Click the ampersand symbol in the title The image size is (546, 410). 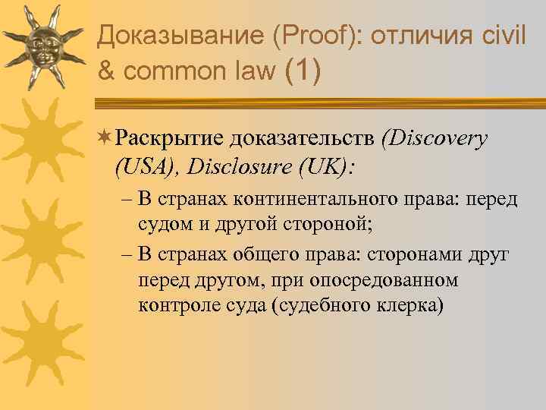pyautogui.click(x=108, y=71)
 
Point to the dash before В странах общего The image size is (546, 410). pyautogui.click(x=127, y=253)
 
